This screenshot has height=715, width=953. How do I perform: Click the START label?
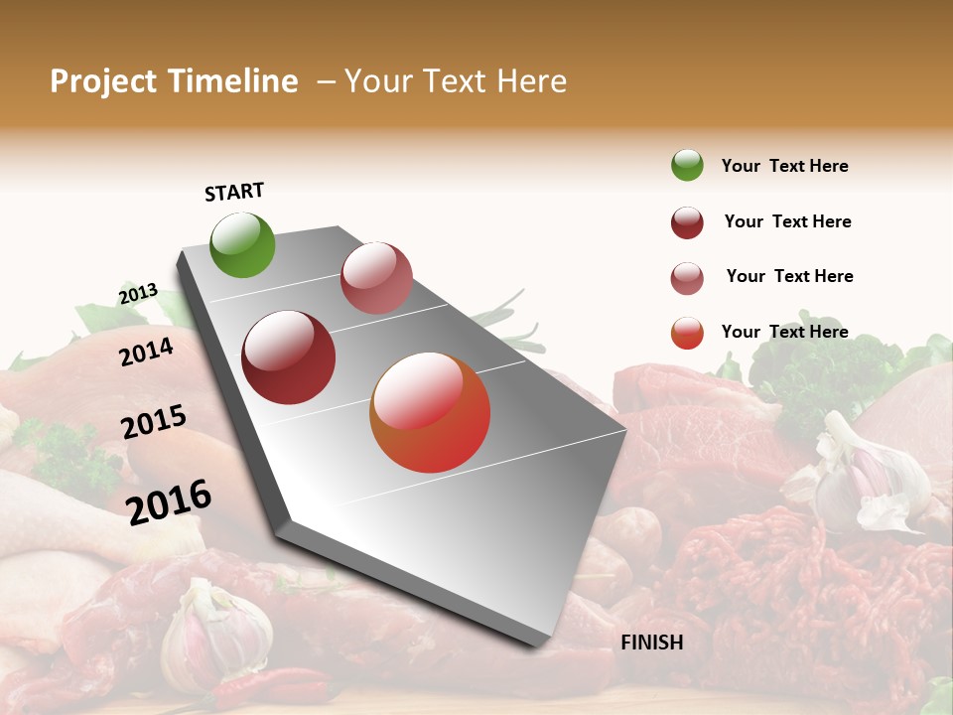(234, 192)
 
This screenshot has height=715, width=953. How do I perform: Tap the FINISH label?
(651, 643)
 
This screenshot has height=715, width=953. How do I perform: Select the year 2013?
(138, 294)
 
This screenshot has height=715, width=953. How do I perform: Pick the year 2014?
(146, 352)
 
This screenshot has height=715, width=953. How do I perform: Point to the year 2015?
(154, 422)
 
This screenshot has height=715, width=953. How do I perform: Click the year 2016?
(169, 501)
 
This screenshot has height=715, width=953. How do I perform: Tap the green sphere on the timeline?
(242, 245)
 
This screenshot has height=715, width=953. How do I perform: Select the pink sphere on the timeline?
(376, 278)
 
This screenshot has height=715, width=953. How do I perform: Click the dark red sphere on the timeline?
(289, 357)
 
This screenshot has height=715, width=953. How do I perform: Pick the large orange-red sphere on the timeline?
(430, 412)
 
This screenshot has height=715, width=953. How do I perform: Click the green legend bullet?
(687, 165)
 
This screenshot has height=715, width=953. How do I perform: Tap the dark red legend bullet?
(687, 222)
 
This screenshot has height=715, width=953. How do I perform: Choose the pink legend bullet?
(687, 278)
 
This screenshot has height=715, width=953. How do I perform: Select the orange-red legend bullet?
(687, 333)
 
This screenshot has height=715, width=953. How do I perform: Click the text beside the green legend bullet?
(784, 166)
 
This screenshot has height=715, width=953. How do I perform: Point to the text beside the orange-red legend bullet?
(784, 332)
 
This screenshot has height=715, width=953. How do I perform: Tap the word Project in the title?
(103, 81)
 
